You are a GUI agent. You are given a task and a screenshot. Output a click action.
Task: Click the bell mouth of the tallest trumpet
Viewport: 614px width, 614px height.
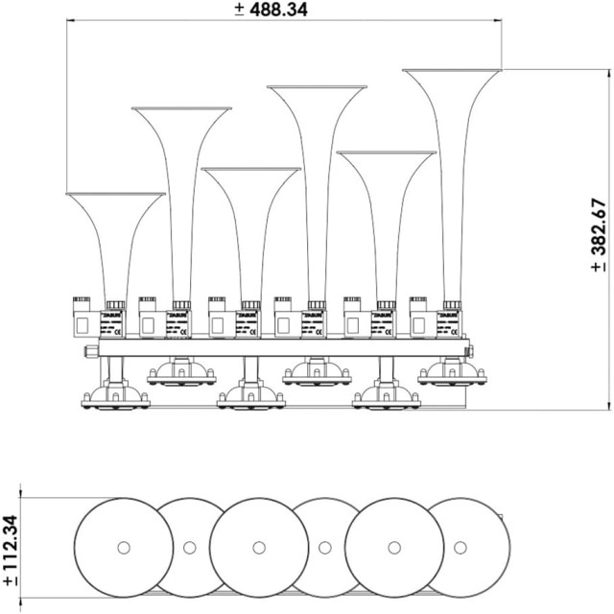pos(451,72)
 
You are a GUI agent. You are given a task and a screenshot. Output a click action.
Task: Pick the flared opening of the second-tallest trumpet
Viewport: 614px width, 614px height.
pos(317,89)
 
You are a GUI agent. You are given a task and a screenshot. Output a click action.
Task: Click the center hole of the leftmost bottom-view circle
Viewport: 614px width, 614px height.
pos(123,548)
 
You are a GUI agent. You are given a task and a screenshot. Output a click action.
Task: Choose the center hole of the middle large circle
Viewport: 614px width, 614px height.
pos(258,548)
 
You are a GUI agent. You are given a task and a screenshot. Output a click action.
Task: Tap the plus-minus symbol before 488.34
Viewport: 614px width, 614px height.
pos(239,10)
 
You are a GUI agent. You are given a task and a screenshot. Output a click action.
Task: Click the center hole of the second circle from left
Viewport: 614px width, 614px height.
pos(190,548)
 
